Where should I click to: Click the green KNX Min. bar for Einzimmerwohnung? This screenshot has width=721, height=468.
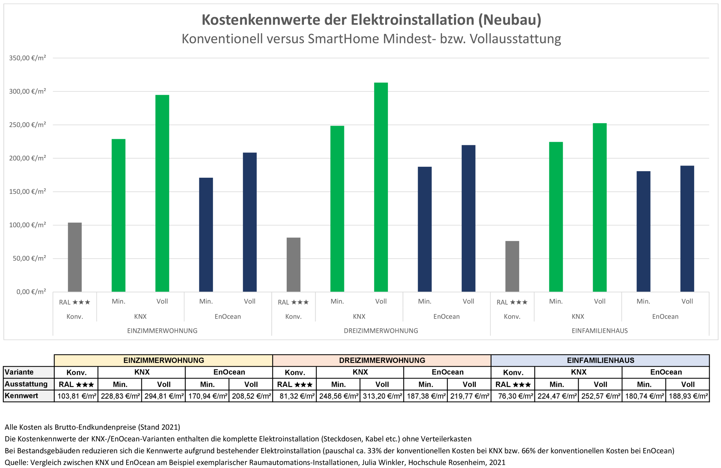[x=118, y=215]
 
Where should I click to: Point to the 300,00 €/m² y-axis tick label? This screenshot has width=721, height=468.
[x=28, y=91]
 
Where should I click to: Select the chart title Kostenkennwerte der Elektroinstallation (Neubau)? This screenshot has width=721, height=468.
[x=372, y=20]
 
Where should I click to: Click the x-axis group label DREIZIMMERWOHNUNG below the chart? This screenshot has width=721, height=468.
[x=381, y=331]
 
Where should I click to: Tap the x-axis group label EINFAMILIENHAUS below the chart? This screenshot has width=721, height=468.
[x=600, y=331]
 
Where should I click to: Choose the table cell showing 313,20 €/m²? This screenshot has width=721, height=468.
[x=382, y=396]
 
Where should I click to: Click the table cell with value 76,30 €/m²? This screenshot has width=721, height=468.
[x=513, y=396]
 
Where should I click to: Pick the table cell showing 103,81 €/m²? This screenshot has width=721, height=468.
[x=77, y=396]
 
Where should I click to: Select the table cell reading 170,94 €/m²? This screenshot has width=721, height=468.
[x=208, y=396]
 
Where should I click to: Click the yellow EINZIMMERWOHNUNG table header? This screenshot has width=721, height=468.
[x=163, y=360]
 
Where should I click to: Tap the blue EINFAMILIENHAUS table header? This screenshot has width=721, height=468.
[x=600, y=360]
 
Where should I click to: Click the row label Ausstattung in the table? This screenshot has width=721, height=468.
[x=26, y=384]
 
